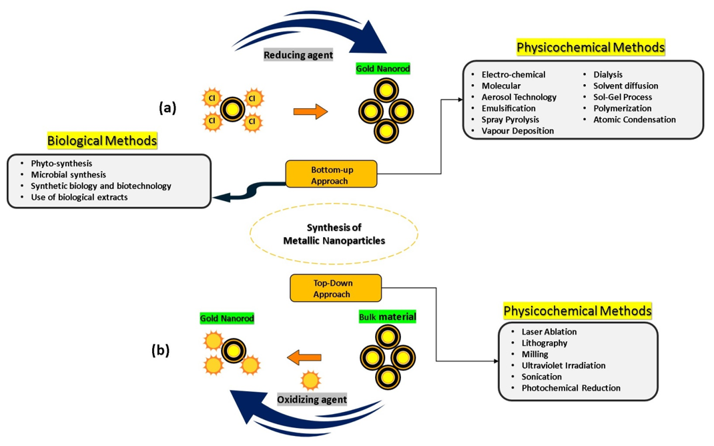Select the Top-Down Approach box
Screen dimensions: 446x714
click(336, 287)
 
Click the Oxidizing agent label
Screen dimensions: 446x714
click(312, 400)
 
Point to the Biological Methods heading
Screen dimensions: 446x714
click(102, 141)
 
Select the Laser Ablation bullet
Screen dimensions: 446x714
click(549, 331)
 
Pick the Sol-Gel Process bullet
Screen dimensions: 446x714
click(623, 97)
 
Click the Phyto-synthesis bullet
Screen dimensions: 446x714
click(61, 164)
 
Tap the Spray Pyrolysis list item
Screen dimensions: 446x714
click(510, 120)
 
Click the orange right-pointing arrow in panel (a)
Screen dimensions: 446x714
click(311, 111)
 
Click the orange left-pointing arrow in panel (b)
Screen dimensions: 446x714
click(304, 359)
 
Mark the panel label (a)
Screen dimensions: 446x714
click(167, 107)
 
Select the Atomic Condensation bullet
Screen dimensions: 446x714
click(634, 120)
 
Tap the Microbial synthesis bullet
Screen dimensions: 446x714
click(68, 175)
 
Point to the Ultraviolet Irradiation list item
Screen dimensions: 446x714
click(563, 365)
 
